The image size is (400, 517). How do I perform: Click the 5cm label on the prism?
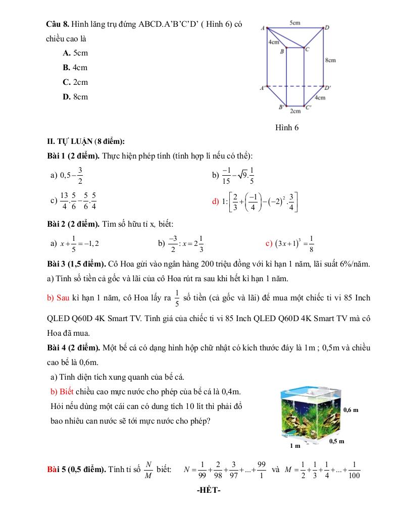tap(295, 23)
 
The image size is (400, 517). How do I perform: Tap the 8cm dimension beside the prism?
tap(330, 60)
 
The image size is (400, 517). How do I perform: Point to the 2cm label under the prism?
tap(295, 111)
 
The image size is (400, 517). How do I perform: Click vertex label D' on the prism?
tap(328, 88)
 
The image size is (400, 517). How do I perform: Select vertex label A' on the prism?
tap(263, 88)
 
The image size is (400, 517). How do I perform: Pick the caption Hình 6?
tap(287, 128)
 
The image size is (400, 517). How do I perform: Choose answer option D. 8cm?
tap(75, 96)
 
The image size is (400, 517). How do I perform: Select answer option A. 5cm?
tap(75, 53)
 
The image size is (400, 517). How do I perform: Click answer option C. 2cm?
tap(75, 82)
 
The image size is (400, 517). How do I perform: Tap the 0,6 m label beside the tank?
tap(351, 409)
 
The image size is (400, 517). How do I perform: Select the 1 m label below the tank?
tap(295, 446)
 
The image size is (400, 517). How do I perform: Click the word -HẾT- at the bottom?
tap(209, 490)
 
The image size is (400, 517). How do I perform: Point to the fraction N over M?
tap(148, 470)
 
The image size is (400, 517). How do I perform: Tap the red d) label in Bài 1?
tap(216, 201)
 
